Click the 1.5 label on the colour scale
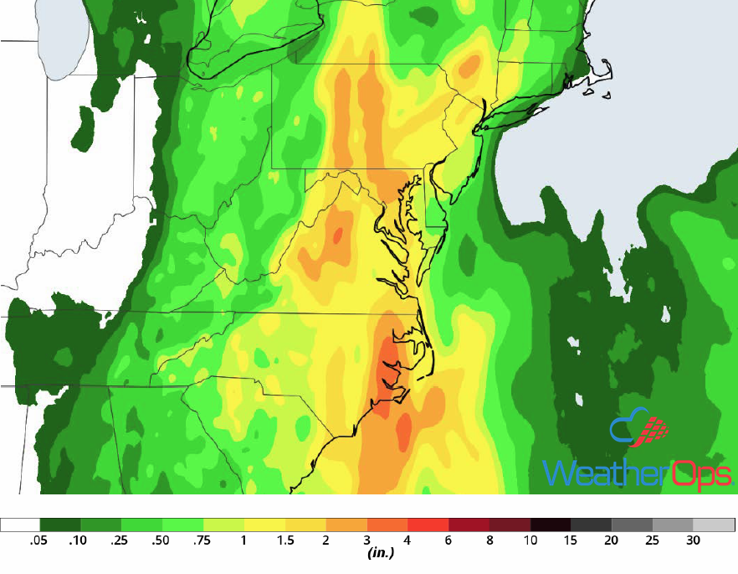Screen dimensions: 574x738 point(285,540)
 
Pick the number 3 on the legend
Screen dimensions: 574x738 point(366,540)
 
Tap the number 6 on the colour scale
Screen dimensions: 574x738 point(448,540)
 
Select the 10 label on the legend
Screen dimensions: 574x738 point(530,540)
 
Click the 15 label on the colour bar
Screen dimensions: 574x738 point(571,540)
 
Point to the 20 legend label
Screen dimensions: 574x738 point(612,540)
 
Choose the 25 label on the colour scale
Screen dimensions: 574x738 point(653,540)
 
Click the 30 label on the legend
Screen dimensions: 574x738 point(693,540)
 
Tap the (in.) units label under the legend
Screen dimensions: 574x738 point(381,554)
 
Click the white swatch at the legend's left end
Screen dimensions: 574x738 point(20,525)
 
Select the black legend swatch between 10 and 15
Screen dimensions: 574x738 point(551,525)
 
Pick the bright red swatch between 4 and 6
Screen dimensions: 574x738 point(428,525)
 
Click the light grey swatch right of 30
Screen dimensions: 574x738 point(714,525)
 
